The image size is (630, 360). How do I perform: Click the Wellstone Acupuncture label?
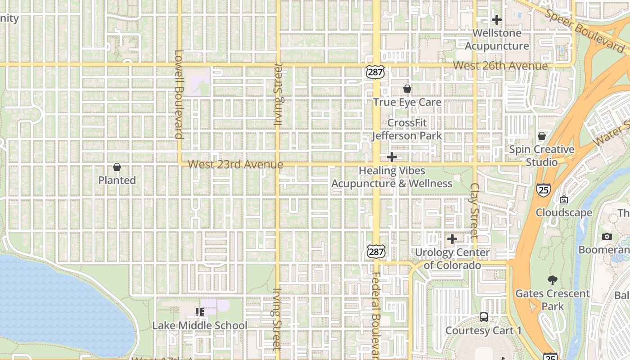(497, 40)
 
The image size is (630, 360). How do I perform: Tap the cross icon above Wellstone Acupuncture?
(497, 20)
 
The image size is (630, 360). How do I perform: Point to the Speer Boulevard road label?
(585, 29)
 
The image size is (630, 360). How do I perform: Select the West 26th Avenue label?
(500, 66)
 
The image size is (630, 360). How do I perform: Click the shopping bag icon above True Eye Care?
(407, 89)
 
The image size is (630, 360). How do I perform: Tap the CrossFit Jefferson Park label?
(407, 129)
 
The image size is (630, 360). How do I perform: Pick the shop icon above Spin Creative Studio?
(542, 136)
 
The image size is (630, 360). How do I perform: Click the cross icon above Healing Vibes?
(392, 157)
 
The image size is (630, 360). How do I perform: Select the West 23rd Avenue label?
(235, 164)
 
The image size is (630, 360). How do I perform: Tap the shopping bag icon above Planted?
(117, 167)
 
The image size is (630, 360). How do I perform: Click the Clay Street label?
(474, 210)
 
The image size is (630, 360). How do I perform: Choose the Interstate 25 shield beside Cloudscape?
(544, 189)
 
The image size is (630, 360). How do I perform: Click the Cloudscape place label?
(564, 212)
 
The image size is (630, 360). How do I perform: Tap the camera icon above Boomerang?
(607, 237)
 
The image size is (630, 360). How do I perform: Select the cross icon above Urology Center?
(452, 239)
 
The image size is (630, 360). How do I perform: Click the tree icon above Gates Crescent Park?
(553, 280)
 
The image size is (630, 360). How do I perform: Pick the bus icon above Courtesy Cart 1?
(484, 317)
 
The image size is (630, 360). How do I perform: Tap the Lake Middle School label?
(200, 325)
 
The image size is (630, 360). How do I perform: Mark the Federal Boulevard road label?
(376, 315)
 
